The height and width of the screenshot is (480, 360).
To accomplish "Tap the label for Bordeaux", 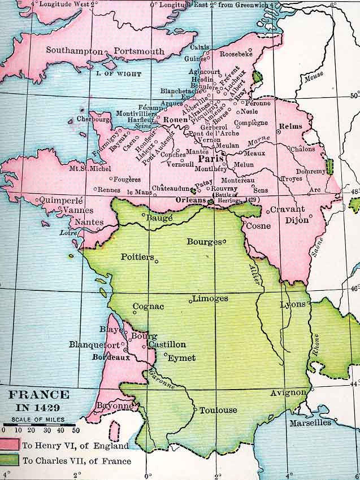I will tap(111, 357).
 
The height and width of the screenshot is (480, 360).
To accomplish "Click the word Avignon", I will tap(288, 392).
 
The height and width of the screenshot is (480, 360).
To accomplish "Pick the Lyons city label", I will tap(293, 304).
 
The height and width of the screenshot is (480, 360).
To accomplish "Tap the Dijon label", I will tap(296, 220).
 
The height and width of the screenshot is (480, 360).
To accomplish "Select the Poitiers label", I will tap(137, 257).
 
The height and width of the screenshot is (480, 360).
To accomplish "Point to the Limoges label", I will tap(210, 298).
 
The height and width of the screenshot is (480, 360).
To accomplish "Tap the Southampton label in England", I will tap(75, 51).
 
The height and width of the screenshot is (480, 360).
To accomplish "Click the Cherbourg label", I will tap(89, 120).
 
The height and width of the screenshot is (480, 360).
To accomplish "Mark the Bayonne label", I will tap(112, 405).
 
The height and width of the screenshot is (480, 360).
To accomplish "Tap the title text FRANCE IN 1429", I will tap(39, 400).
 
